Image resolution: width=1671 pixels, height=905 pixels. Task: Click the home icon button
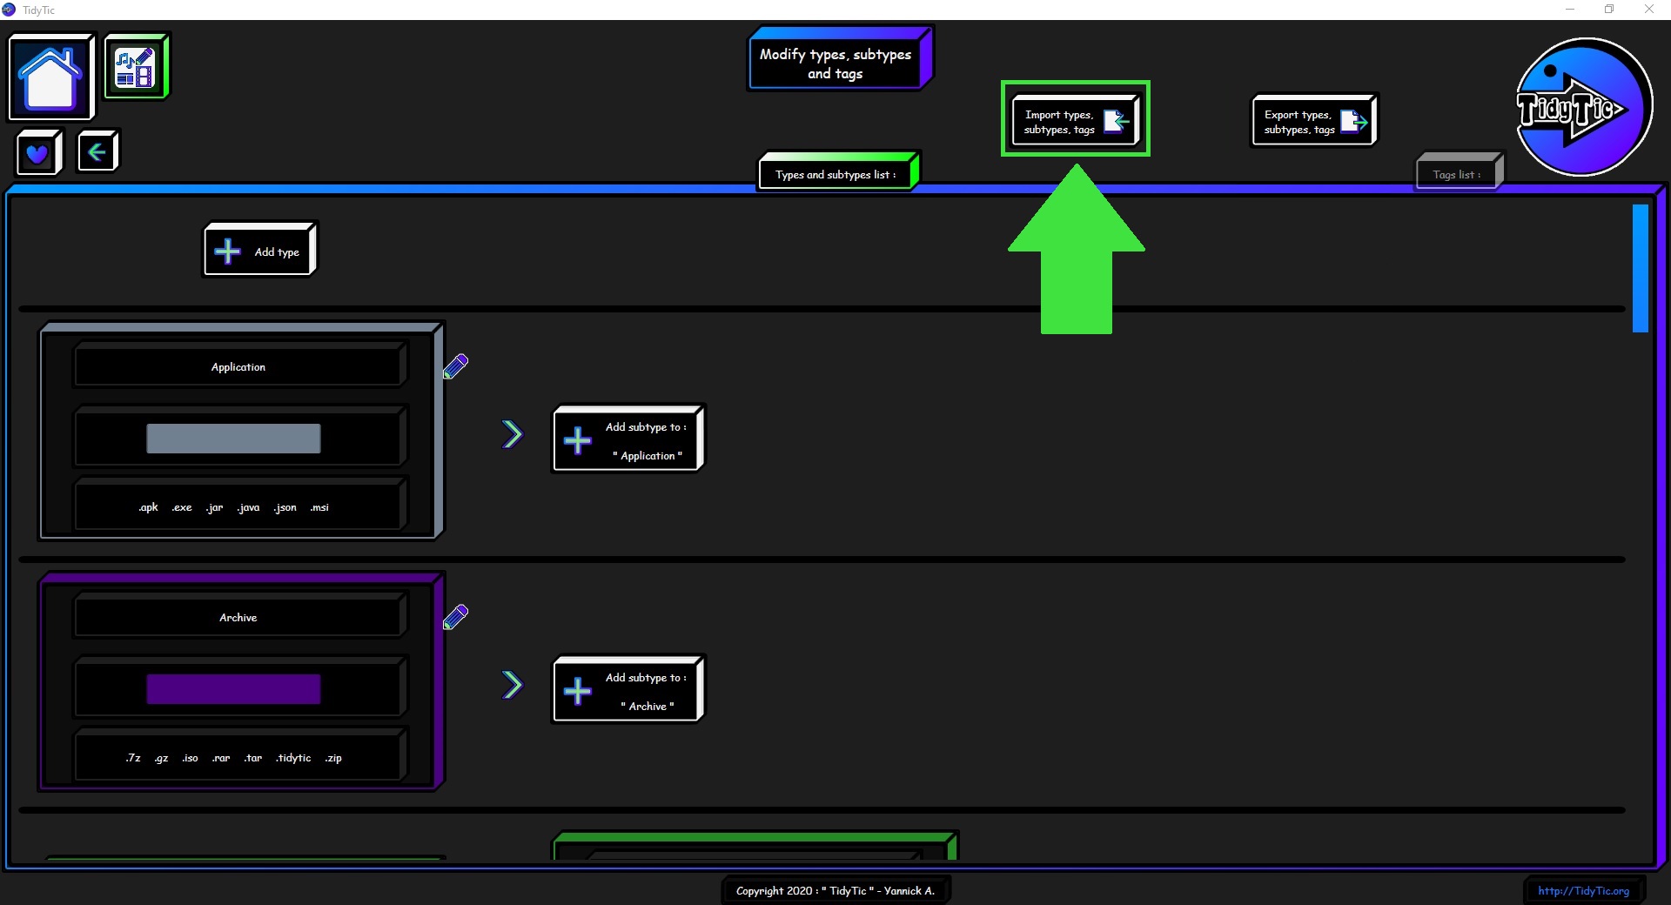pyautogui.click(x=51, y=77)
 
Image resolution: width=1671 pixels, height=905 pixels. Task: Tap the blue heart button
pyautogui.click(x=38, y=153)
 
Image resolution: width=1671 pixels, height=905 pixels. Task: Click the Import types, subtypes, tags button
pyautogui.click(x=1076, y=121)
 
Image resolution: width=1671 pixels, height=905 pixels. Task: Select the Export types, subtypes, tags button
pyautogui.click(x=1314, y=121)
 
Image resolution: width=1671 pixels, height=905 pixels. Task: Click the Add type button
pyautogui.click(x=260, y=250)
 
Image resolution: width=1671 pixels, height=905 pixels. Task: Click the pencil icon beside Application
pyautogui.click(x=455, y=365)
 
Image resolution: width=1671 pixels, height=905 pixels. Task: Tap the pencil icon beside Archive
pyautogui.click(x=455, y=617)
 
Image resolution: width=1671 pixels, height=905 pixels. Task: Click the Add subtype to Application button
pyautogui.click(x=627, y=439)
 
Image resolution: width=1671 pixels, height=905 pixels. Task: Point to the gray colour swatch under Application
pyautogui.click(x=233, y=439)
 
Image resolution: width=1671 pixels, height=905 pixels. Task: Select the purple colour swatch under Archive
pyautogui.click(x=233, y=689)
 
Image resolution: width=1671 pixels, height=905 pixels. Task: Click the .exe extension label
pyautogui.click(x=182, y=507)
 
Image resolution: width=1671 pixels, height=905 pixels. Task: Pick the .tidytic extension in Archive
pyautogui.click(x=293, y=758)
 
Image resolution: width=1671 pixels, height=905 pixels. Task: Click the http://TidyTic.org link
pyautogui.click(x=1583, y=890)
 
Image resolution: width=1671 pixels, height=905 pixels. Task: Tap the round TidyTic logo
pyautogui.click(x=1583, y=107)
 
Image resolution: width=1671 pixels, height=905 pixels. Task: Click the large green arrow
pyautogui.click(x=1077, y=249)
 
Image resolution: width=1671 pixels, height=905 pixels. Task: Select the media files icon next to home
pyautogui.click(x=136, y=67)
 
